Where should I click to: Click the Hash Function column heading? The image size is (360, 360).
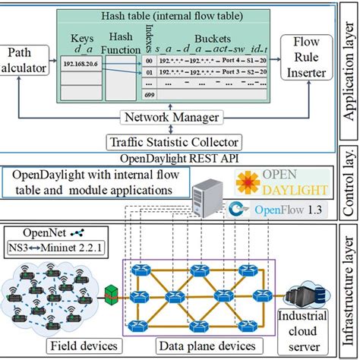point(122,43)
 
